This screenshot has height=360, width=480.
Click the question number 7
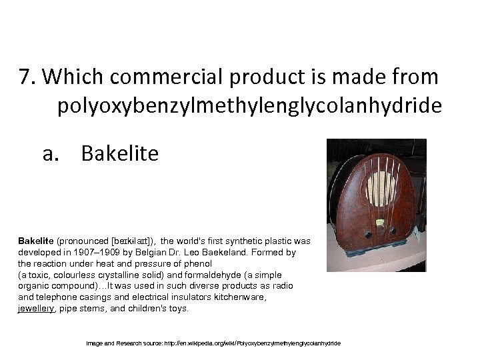click(28, 78)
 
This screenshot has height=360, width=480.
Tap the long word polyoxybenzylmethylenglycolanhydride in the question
click(249, 105)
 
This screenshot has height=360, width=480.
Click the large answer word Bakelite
click(120, 154)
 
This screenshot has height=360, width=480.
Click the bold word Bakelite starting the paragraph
click(36, 241)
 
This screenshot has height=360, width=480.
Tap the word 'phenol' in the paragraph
click(198, 263)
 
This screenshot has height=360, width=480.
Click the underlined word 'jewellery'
click(36, 309)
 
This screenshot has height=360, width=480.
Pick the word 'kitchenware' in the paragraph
click(241, 297)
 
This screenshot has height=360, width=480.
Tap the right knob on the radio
click(393, 231)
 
